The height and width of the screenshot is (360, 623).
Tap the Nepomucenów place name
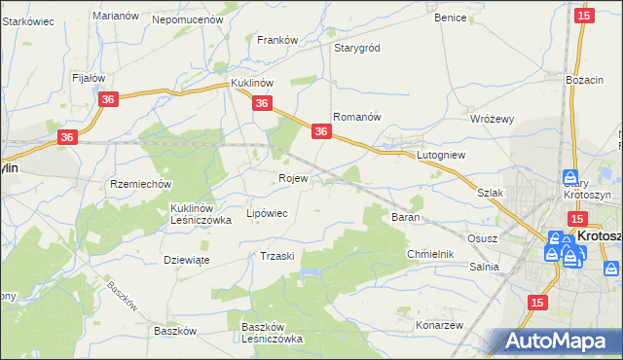188,18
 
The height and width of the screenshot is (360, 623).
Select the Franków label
276,40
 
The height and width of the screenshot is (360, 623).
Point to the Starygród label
357,48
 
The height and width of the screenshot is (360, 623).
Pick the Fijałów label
89,77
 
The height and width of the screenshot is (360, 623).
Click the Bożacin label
585,78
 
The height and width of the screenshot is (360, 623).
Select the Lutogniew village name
443,155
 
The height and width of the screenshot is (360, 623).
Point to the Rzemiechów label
141,184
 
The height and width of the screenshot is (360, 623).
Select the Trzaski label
277,255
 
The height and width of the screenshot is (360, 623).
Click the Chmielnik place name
431,254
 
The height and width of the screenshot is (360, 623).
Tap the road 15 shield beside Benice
583,16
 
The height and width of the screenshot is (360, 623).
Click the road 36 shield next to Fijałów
108,100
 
